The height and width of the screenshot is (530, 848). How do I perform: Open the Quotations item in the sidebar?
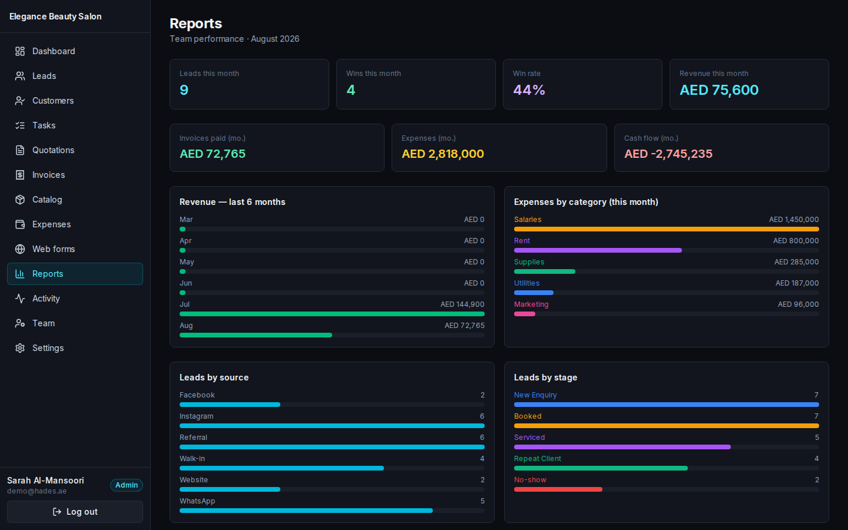53,150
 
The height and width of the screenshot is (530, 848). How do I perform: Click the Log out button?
75,511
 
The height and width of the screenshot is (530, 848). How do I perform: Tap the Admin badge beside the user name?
127,485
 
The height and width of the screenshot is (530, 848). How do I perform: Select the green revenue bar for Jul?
332,314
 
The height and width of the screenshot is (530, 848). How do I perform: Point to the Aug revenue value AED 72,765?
465,325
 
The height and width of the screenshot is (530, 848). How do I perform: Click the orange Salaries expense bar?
666,229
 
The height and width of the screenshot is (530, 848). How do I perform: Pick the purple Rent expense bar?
598,250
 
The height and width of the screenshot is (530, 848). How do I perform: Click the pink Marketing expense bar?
525,314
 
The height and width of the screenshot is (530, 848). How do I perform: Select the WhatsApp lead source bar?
306,511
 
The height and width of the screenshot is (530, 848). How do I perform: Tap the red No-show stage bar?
558,489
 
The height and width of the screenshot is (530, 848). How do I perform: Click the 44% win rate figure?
529,90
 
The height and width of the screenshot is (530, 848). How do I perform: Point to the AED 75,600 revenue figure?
719,90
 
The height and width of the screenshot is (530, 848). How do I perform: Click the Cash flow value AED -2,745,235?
668,154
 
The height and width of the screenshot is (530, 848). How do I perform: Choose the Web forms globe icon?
20,249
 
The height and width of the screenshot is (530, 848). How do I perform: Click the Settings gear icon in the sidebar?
20,348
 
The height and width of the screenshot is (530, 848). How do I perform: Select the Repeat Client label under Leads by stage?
538,458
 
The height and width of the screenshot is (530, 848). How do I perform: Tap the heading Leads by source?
214,377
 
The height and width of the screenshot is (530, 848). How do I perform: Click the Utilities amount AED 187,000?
797,283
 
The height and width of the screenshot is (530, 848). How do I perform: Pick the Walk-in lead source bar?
281,468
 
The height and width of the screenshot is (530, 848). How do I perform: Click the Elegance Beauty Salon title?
55,16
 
